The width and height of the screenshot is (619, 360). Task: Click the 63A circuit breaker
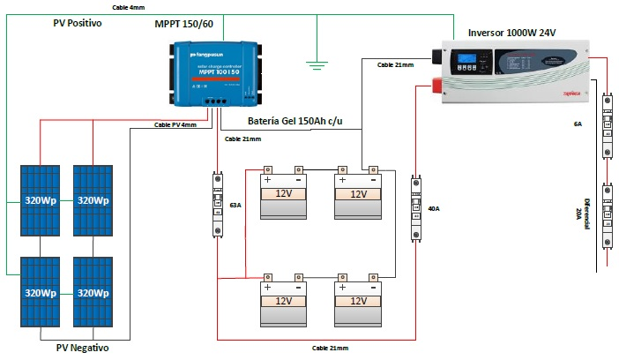tap(219, 205)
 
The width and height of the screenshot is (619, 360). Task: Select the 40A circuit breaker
tap(416, 208)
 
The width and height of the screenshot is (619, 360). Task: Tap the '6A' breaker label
tap(578, 125)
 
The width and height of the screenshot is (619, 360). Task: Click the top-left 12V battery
tap(284, 194)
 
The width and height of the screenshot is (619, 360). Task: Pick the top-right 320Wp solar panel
tap(93, 200)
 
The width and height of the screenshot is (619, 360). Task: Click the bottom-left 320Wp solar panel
tap(41, 292)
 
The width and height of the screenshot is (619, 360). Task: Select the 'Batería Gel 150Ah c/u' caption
tap(295, 121)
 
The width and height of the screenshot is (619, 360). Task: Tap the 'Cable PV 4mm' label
tap(175, 125)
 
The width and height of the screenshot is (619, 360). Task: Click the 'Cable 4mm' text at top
tap(130, 7)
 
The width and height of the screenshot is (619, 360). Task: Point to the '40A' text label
tap(433, 208)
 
